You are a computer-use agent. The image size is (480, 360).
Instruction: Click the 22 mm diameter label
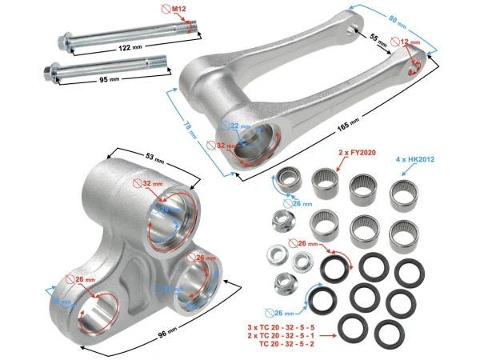click(241, 127)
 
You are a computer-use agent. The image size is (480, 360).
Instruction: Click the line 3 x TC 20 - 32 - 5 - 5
click(286, 327)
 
